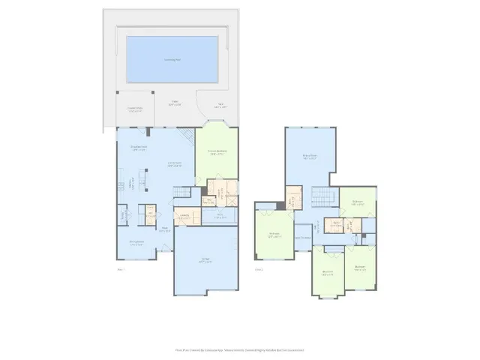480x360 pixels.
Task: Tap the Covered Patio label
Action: point(135,109)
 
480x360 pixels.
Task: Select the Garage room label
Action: point(205,260)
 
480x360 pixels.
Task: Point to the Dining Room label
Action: point(136,241)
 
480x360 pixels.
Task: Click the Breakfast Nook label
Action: point(138,148)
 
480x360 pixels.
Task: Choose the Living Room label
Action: point(174,164)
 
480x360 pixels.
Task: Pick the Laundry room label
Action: point(183,217)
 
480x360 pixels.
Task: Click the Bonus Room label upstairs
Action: point(309,157)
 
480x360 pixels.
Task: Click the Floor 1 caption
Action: point(120,268)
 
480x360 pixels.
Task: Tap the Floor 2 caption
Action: point(259,268)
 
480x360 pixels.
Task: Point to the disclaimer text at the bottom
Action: point(240,349)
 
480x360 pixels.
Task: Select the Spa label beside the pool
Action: point(220,105)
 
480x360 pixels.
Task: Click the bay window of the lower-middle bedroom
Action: point(327,298)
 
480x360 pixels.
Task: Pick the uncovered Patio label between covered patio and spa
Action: point(175,103)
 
